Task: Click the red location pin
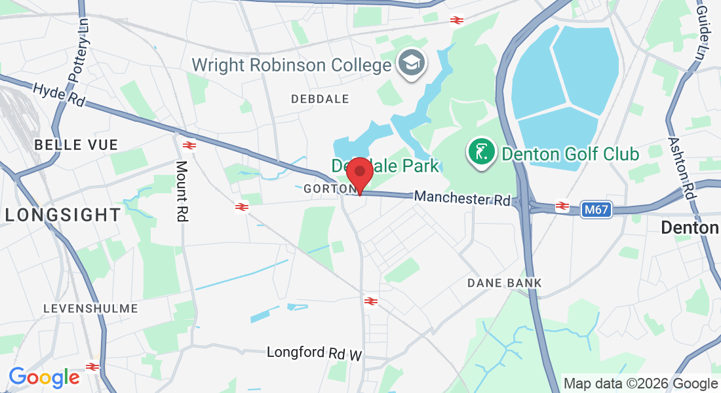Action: (x=359, y=174)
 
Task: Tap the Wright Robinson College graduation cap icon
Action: (x=413, y=64)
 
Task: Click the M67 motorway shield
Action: (x=596, y=210)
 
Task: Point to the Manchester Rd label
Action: (x=462, y=198)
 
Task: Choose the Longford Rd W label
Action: (x=315, y=353)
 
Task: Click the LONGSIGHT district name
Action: (x=63, y=214)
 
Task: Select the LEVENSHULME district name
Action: (x=90, y=308)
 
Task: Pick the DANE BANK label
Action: (x=505, y=283)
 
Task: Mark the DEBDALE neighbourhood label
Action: (x=320, y=99)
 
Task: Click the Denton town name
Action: (x=690, y=228)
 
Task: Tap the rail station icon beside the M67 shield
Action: (x=562, y=206)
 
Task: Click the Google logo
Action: (x=44, y=377)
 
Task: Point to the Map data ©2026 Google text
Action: (x=641, y=383)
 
